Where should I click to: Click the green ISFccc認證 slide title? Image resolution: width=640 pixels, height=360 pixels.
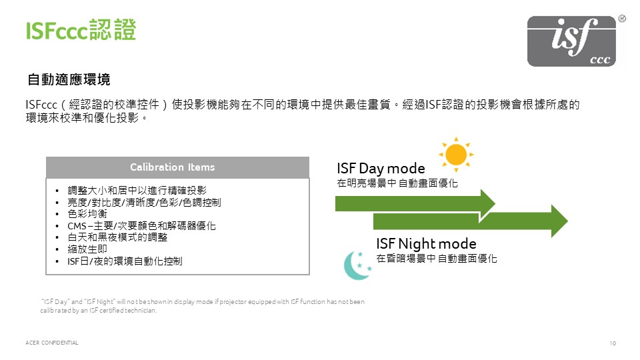(81, 30)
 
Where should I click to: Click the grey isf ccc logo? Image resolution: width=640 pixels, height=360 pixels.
(571, 41)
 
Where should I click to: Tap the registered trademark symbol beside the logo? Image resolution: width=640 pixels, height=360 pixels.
(622, 19)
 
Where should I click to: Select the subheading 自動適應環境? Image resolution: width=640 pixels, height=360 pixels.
(69, 79)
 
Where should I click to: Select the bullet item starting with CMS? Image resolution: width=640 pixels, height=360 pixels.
(141, 226)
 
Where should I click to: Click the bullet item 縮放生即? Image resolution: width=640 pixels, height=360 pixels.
(87, 249)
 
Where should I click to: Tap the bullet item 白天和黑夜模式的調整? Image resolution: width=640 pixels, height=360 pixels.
(117, 237)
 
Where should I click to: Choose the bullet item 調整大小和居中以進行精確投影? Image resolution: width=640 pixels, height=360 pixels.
(137, 190)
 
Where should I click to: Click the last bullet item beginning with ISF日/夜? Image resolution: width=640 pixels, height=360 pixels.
(125, 261)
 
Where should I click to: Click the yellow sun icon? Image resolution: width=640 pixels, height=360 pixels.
(456, 155)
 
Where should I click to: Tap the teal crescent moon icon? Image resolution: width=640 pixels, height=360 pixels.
(357, 265)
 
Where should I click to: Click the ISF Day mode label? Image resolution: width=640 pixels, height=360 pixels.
(381, 168)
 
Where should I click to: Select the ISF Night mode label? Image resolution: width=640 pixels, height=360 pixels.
(426, 244)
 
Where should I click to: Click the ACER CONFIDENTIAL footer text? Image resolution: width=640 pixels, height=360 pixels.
(52, 343)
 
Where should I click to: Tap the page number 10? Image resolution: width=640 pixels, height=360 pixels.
(613, 343)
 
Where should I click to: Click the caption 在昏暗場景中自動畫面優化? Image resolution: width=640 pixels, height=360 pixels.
(437, 259)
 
